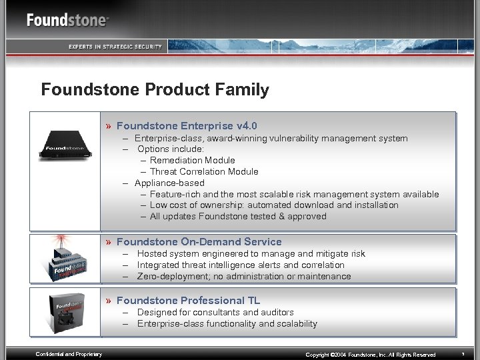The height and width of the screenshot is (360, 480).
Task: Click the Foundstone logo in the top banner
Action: tap(67, 20)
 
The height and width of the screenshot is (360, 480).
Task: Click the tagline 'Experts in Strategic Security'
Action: tap(115, 46)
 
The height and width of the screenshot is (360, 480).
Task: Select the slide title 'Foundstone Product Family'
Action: tap(155, 90)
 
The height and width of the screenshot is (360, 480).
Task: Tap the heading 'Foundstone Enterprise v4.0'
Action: tap(187, 125)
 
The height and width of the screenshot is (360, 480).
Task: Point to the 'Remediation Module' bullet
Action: tap(192, 160)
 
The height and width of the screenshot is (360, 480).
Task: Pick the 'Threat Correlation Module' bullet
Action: tap(204, 171)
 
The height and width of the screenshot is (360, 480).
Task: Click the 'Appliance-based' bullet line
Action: tap(169, 183)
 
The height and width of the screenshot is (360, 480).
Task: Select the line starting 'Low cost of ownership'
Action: tap(274, 205)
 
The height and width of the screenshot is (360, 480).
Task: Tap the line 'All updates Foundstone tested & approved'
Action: tap(238, 216)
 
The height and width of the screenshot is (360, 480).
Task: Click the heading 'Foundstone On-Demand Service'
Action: tap(199, 242)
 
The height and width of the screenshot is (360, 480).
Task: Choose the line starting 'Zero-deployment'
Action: tap(244, 276)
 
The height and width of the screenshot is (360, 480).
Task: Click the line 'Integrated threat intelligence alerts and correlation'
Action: tap(241, 265)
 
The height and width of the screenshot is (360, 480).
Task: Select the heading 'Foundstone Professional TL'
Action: tap(188, 301)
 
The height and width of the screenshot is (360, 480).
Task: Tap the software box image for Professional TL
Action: tap(65, 313)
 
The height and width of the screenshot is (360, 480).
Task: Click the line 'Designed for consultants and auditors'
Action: tap(215, 312)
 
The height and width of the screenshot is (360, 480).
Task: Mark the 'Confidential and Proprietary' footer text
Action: tap(69, 354)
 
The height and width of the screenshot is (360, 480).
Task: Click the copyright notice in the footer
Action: tap(371, 355)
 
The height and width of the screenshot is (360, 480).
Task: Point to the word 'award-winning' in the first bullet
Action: tap(237, 139)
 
